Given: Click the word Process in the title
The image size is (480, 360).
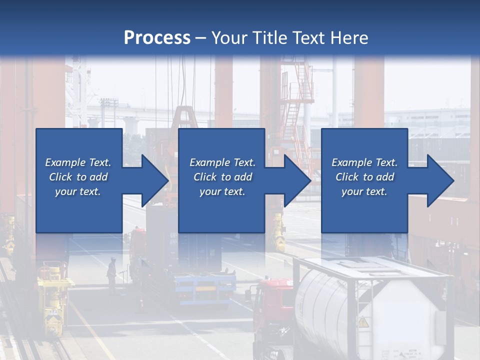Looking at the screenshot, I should tap(157, 37).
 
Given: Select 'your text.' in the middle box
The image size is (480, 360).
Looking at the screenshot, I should tap(222, 191).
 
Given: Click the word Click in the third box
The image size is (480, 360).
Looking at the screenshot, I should tap(347, 177).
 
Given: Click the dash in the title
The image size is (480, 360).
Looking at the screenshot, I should tap(200, 38).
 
